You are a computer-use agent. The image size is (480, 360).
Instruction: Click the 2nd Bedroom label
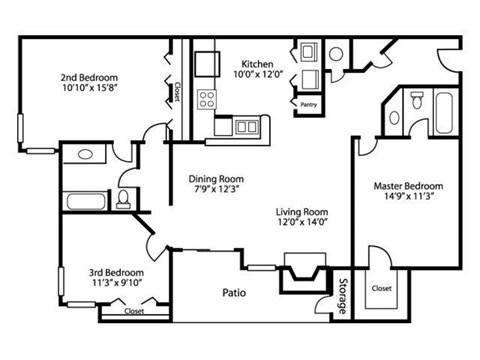89,77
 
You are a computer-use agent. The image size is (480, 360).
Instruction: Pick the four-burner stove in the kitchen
208,98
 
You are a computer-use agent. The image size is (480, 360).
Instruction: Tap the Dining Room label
215,180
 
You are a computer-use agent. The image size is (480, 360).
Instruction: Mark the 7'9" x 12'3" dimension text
215,192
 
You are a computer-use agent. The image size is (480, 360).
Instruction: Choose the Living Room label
302,213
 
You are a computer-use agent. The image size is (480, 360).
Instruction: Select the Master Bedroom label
408,186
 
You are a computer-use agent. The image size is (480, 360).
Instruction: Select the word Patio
234,293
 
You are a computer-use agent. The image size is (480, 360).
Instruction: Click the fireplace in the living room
303,269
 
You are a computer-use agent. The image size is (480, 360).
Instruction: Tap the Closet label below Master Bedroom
381,288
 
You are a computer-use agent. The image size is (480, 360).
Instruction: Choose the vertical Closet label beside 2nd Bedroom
176,92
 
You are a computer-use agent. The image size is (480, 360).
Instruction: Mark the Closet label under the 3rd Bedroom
133,311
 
